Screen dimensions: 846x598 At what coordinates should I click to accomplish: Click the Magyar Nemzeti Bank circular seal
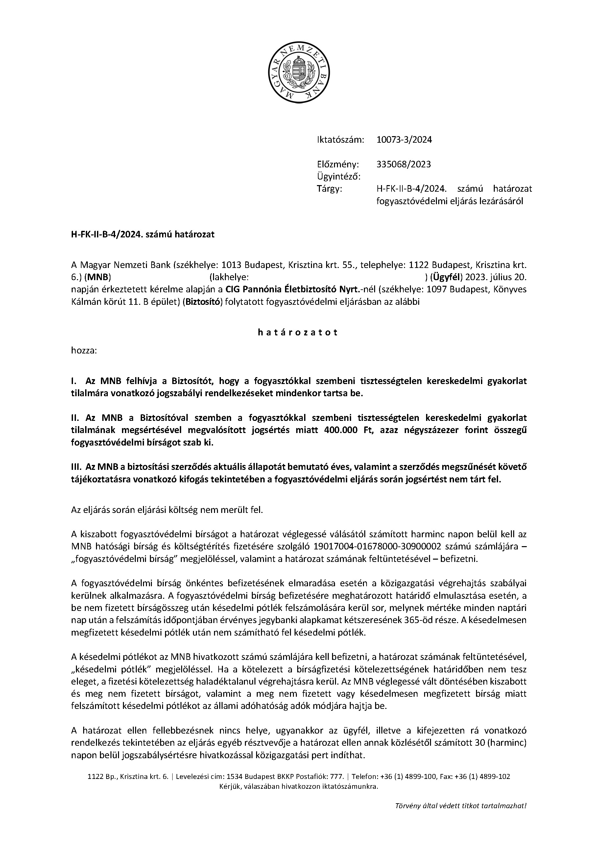[299, 72]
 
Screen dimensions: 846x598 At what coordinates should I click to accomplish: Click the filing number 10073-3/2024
[404, 140]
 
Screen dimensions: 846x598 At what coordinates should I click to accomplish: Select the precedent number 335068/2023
[403, 164]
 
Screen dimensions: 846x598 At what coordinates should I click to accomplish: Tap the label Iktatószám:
[340, 140]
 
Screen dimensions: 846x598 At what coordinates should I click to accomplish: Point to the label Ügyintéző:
[338, 177]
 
